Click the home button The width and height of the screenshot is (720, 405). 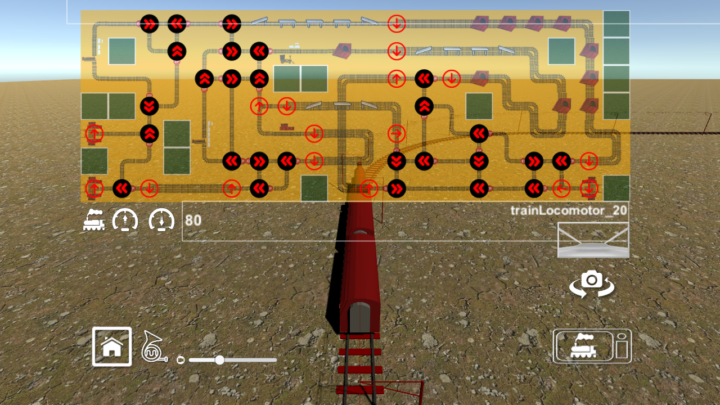(x=112, y=346)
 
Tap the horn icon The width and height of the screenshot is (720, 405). (x=154, y=346)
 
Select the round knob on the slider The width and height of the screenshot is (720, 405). (x=220, y=360)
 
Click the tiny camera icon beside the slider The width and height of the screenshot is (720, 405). (x=181, y=360)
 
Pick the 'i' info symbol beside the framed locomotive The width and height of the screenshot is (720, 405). (x=621, y=346)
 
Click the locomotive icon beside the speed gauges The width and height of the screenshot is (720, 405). (x=94, y=220)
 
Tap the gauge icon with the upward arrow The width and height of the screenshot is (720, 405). (x=125, y=220)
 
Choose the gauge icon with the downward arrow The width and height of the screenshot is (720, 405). (x=161, y=220)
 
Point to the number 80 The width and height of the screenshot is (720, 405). (x=193, y=220)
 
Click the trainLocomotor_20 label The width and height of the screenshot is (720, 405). (x=569, y=211)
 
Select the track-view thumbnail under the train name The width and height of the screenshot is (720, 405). (x=593, y=240)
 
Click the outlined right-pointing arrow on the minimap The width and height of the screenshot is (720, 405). (x=397, y=133)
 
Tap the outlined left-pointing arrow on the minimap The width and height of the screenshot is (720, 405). (x=561, y=188)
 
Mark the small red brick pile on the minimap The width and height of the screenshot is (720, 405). (x=287, y=127)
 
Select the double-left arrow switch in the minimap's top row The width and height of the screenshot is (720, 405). (x=177, y=24)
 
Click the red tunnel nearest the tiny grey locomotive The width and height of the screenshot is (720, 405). (x=342, y=50)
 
